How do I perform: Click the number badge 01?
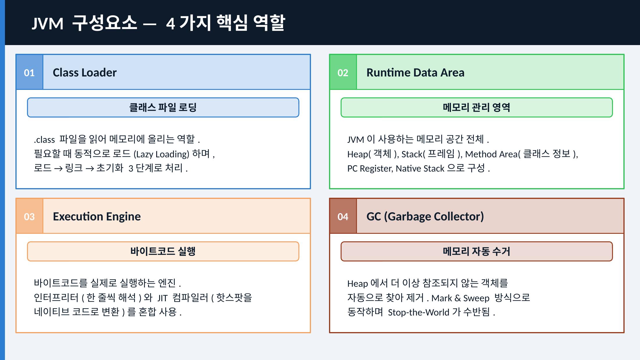29,72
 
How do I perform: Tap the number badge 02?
343,72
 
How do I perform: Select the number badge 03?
29,216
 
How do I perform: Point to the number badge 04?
343,216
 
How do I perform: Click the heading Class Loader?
85,72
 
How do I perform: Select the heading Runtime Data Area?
415,72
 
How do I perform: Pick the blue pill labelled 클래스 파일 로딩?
163,108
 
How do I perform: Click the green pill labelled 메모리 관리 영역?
477,108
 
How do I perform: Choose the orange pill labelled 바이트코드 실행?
163,251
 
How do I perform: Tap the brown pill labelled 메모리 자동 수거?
477,251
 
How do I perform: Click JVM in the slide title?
47,24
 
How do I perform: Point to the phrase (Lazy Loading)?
161,154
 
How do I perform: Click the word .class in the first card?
44,140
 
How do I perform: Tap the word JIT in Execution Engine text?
163,298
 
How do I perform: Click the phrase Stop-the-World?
419,312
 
